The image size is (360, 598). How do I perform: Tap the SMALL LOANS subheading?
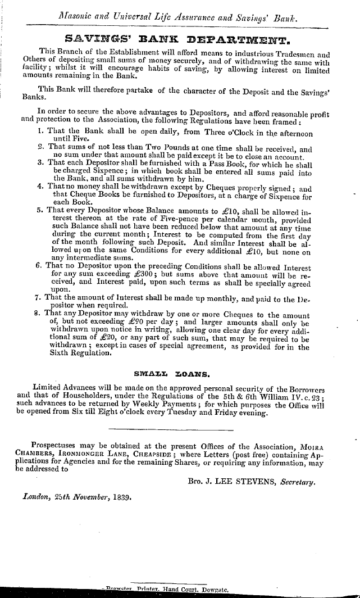[x=180, y=373]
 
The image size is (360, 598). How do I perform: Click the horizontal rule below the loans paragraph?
[x=179, y=429]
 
